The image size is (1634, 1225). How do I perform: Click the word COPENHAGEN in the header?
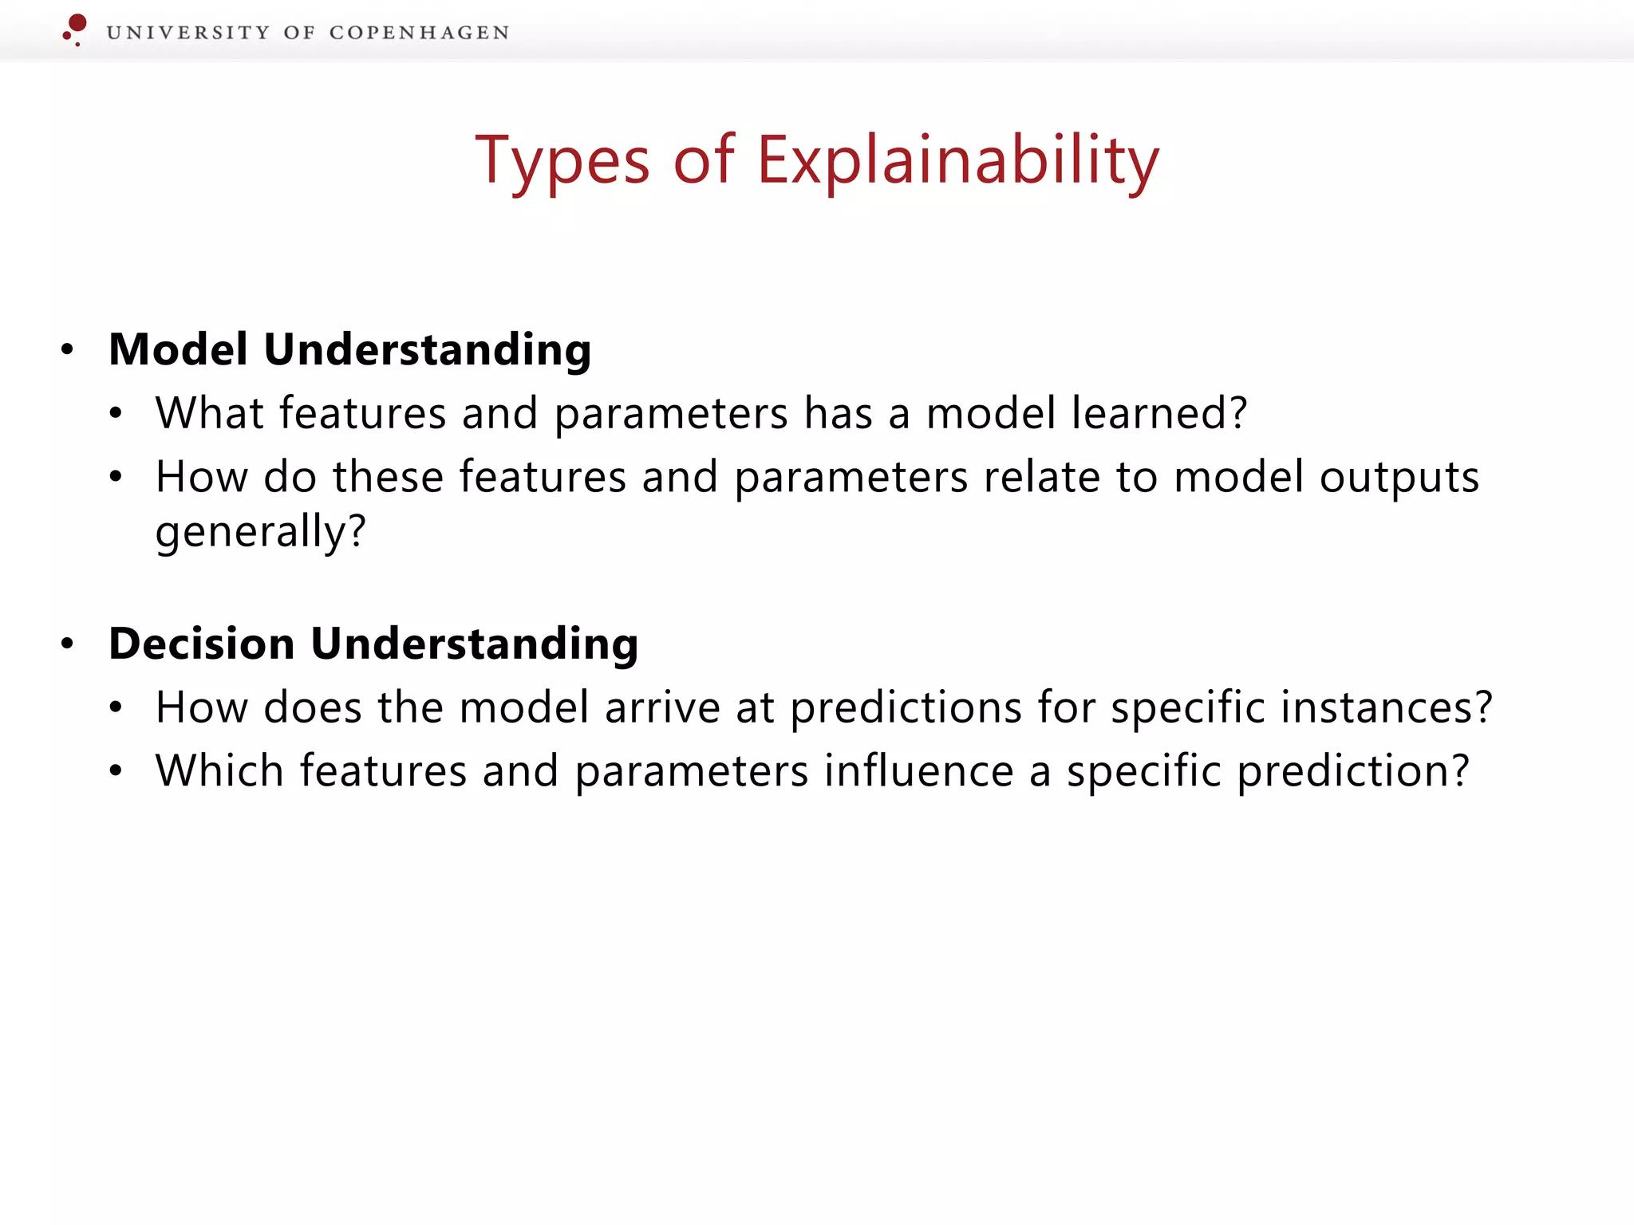coord(419,33)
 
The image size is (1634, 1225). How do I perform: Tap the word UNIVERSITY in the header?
coord(188,33)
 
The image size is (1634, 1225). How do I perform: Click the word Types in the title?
coord(562,162)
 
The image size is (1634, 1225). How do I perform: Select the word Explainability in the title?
coord(957,162)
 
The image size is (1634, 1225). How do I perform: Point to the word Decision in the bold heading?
coord(202,644)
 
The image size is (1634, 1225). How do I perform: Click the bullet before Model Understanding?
coord(68,349)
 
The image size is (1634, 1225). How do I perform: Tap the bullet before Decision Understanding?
coord(68,644)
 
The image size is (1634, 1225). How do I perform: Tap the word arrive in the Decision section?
coord(662,707)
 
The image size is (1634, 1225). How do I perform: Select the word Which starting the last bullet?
coord(219,771)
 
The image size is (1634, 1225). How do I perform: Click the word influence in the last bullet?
coord(918,771)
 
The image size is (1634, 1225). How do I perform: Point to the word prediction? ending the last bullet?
coord(1353,772)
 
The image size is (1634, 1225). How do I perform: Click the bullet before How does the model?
coord(116,707)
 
